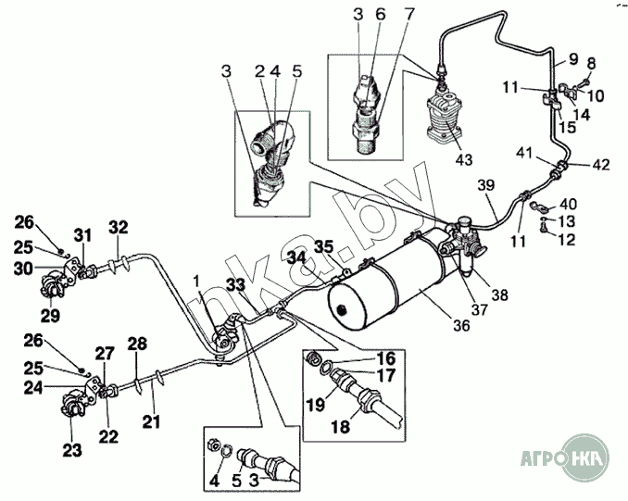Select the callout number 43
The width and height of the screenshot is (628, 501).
463,158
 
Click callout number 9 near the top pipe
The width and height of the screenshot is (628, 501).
573,59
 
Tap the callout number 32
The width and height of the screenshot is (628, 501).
118,227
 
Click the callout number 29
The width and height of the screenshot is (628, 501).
50,315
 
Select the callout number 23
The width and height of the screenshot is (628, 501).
72,450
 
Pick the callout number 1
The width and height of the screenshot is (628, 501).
196,280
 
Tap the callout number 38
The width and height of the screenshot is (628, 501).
500,294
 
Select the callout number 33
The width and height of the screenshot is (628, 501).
234,284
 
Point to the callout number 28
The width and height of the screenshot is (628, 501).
136,345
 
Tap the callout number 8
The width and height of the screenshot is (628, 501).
591,63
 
